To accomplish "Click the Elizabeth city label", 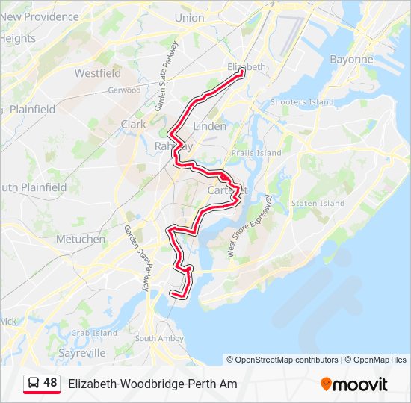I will pyautogui.click(x=246, y=67).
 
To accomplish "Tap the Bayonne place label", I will pyautogui.click(x=350, y=59).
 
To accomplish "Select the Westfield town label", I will pyautogui.click(x=97, y=73).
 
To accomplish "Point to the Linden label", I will pyautogui.click(x=209, y=126).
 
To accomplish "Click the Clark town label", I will pyautogui.click(x=133, y=125).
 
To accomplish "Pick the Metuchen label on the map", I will pyautogui.click(x=80, y=239).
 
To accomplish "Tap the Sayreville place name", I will pyautogui.click(x=81, y=352).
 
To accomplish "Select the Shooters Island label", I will pyautogui.click(x=302, y=101).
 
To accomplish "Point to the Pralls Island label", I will pyautogui.click(x=256, y=153).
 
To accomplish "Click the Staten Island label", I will pyautogui.click(x=318, y=203).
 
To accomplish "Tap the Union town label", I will pyautogui.click(x=189, y=18).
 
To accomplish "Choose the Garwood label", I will pyautogui.click(x=124, y=90).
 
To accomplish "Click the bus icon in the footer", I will pyautogui.click(x=33, y=384).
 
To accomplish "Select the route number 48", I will pyautogui.click(x=50, y=383).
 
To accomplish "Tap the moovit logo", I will pyautogui.click(x=354, y=384).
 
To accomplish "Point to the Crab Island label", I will pyautogui.click(x=95, y=333).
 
